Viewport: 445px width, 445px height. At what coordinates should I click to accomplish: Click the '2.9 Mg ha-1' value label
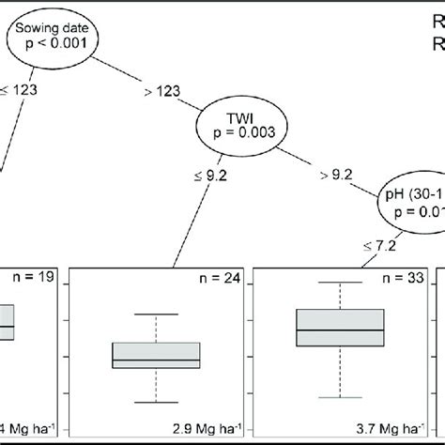pos(198,431)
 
